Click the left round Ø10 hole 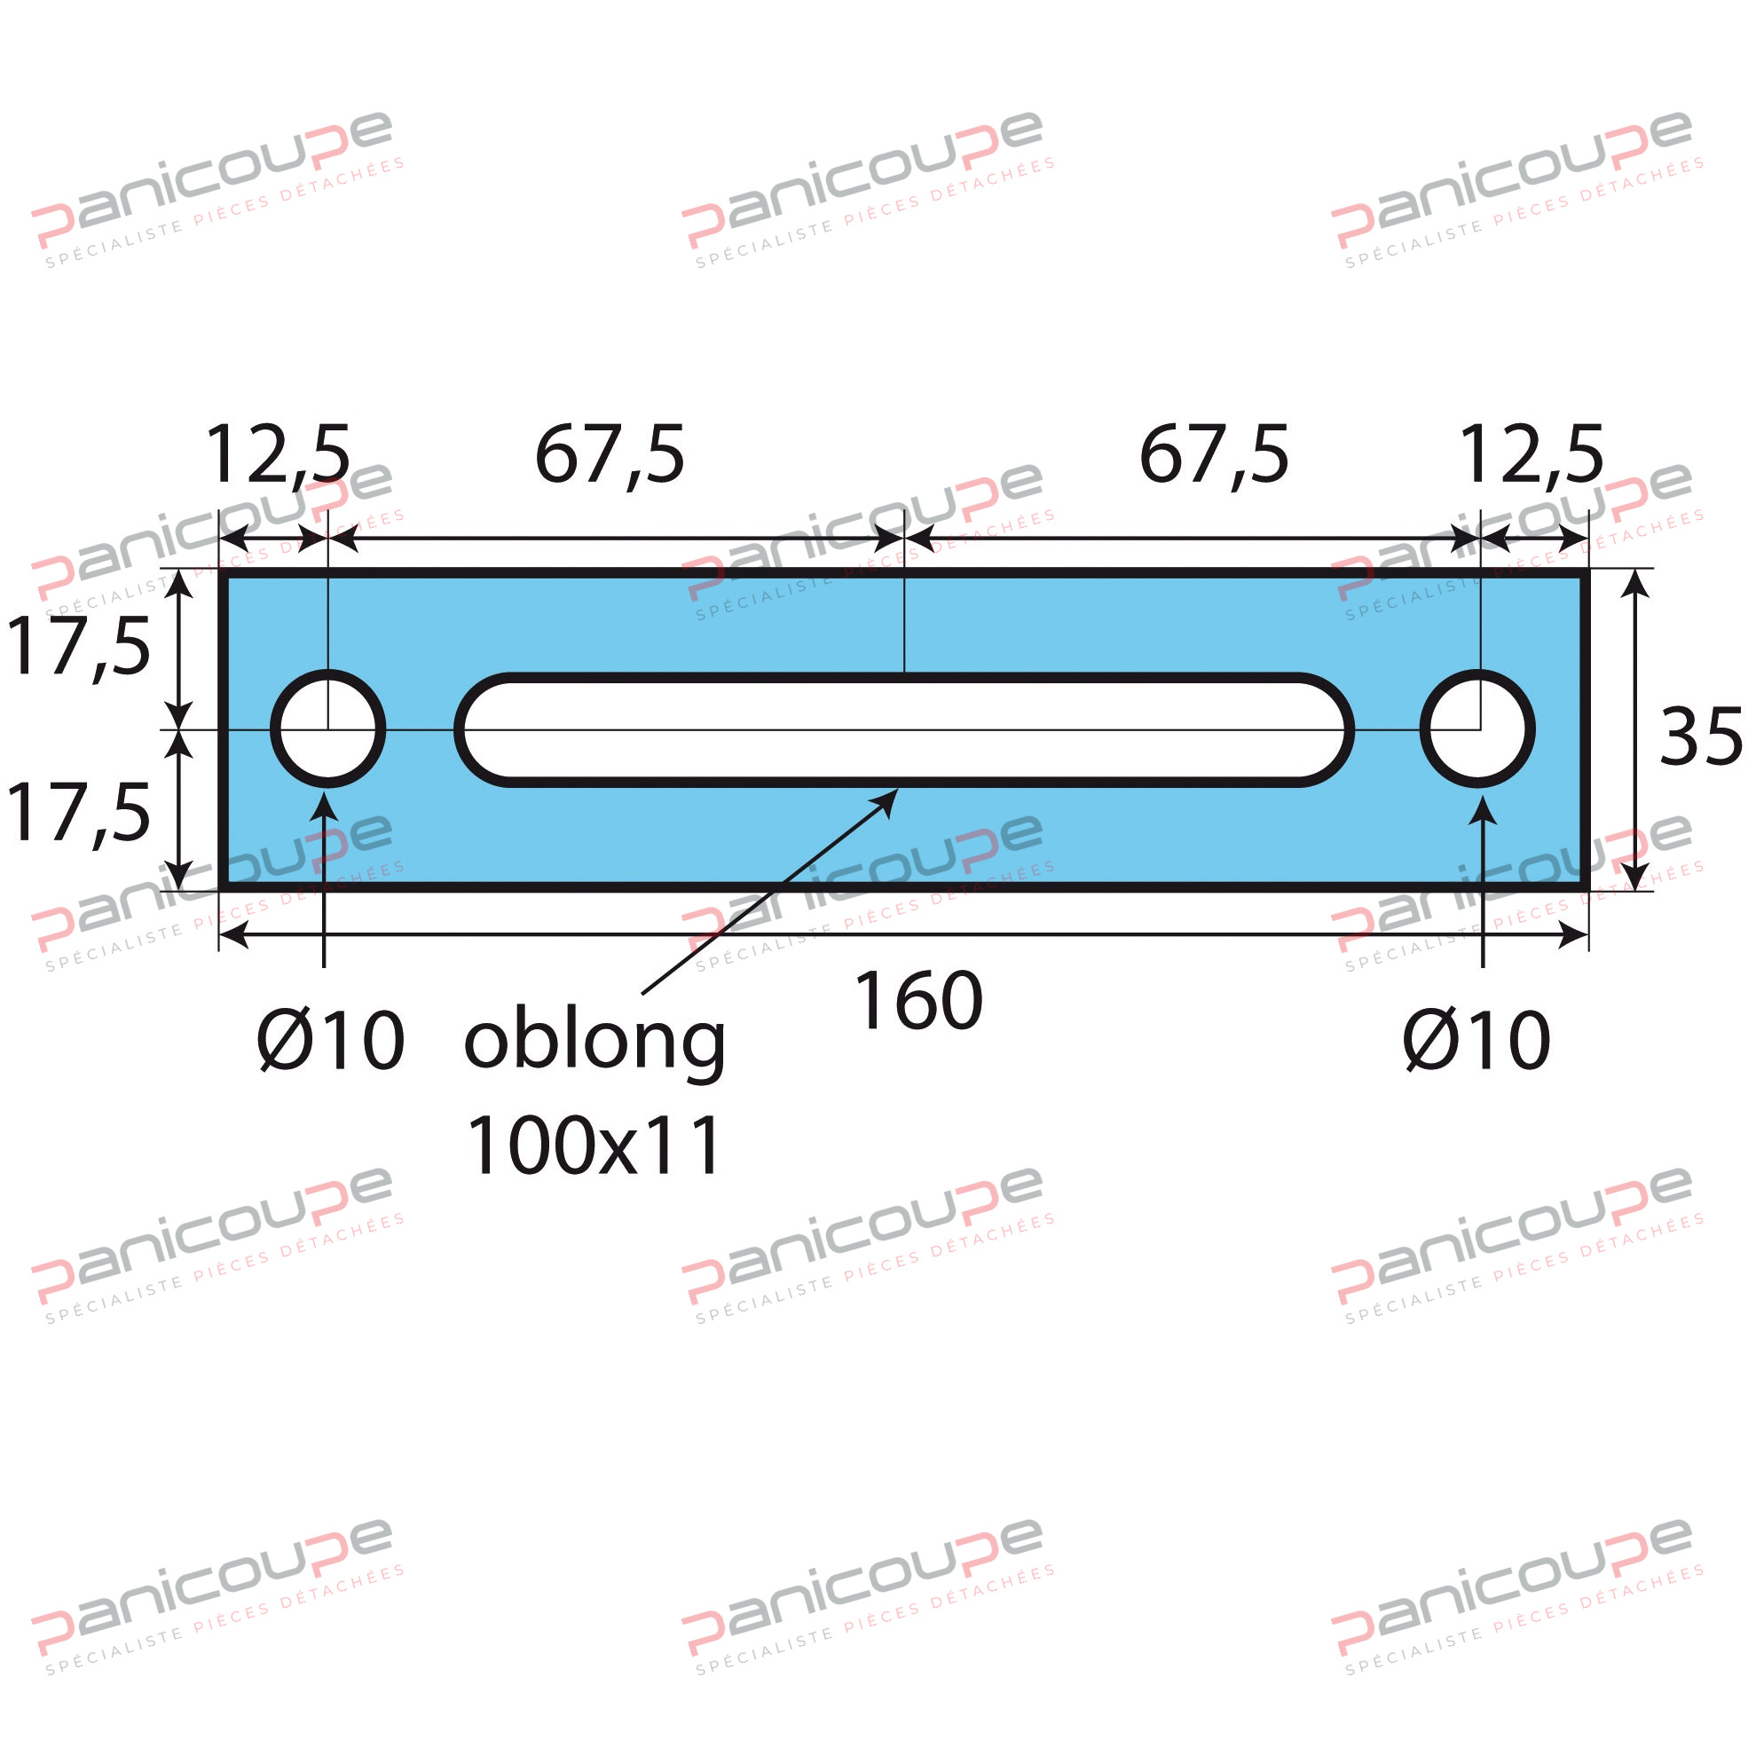tap(327, 729)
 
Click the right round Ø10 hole tap(1476, 729)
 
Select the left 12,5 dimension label tap(278, 455)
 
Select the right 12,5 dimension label tap(1531, 455)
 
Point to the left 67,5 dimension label tap(610, 455)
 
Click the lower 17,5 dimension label tap(78, 814)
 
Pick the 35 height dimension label tap(1699, 737)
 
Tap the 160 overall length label tap(917, 1001)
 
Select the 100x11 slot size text tap(594, 1146)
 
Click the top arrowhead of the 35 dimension tap(1634, 585)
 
